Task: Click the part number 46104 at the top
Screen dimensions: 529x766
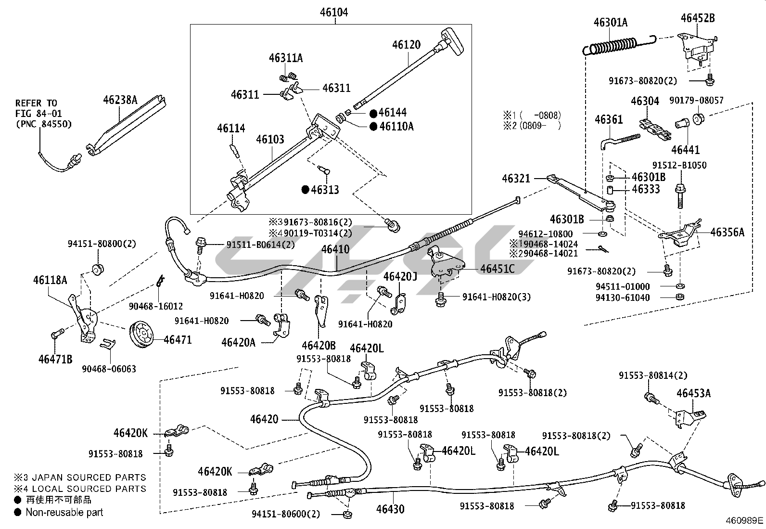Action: (x=334, y=12)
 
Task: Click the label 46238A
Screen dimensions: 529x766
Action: (x=120, y=100)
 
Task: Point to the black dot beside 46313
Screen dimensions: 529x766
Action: (x=305, y=190)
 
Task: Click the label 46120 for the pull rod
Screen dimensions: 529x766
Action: (x=406, y=45)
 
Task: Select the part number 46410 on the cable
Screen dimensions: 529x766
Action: (x=335, y=249)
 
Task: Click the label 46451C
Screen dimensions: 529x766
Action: (x=497, y=269)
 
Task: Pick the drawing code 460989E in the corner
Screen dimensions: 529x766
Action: (x=745, y=521)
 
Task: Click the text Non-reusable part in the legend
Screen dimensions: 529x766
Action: (x=64, y=512)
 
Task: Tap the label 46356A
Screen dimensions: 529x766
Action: (x=727, y=232)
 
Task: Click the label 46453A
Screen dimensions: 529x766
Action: (x=693, y=393)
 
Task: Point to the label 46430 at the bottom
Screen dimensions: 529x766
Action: (x=390, y=509)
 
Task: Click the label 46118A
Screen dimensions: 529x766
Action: (x=50, y=280)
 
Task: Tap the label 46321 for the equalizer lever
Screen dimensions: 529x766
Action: (x=516, y=179)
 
